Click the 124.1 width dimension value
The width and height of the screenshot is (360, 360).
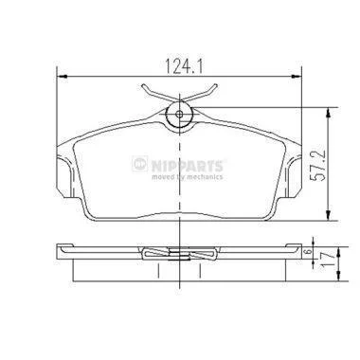click(185, 65)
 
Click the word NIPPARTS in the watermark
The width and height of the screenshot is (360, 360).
click(187, 166)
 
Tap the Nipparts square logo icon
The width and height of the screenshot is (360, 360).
click(140, 164)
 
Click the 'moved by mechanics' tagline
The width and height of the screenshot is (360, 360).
click(188, 176)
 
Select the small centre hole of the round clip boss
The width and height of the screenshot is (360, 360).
click(179, 115)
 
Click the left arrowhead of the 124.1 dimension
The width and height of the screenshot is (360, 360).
click(63, 77)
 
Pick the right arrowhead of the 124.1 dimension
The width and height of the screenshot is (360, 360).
click(297, 77)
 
